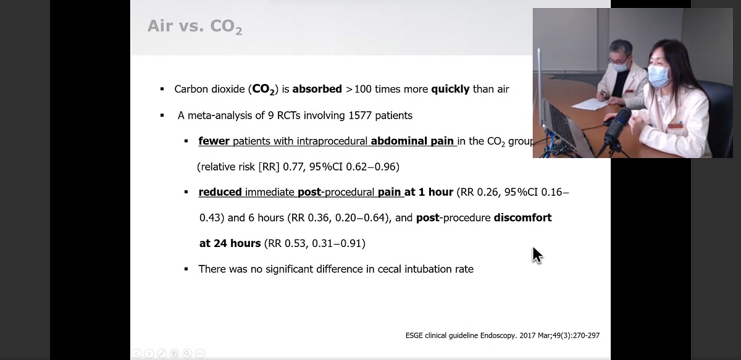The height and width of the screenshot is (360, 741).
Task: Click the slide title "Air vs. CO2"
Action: pyautogui.click(x=195, y=27)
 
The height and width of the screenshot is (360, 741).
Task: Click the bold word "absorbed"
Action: pyautogui.click(x=317, y=89)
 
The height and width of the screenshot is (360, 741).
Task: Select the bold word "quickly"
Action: pyautogui.click(x=450, y=90)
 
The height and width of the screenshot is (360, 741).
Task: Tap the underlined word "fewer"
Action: pyautogui.click(x=214, y=141)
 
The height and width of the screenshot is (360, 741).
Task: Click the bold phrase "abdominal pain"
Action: pyautogui.click(x=412, y=141)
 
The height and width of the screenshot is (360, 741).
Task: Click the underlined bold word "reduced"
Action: pyautogui.click(x=220, y=192)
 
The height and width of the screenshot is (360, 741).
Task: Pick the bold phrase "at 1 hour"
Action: pyautogui.click(x=429, y=192)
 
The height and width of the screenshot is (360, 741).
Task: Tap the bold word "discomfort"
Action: pyautogui.click(x=522, y=218)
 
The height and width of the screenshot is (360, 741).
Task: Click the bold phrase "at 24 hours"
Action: pyautogui.click(x=230, y=243)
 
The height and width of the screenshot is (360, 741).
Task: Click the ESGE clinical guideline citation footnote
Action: pyautogui.click(x=503, y=335)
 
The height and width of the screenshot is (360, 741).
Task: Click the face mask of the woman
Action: pyautogui.click(x=659, y=75)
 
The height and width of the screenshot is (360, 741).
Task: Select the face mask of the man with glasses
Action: pyautogui.click(x=617, y=66)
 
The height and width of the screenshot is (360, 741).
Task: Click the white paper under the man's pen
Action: pyautogui.click(x=590, y=104)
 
